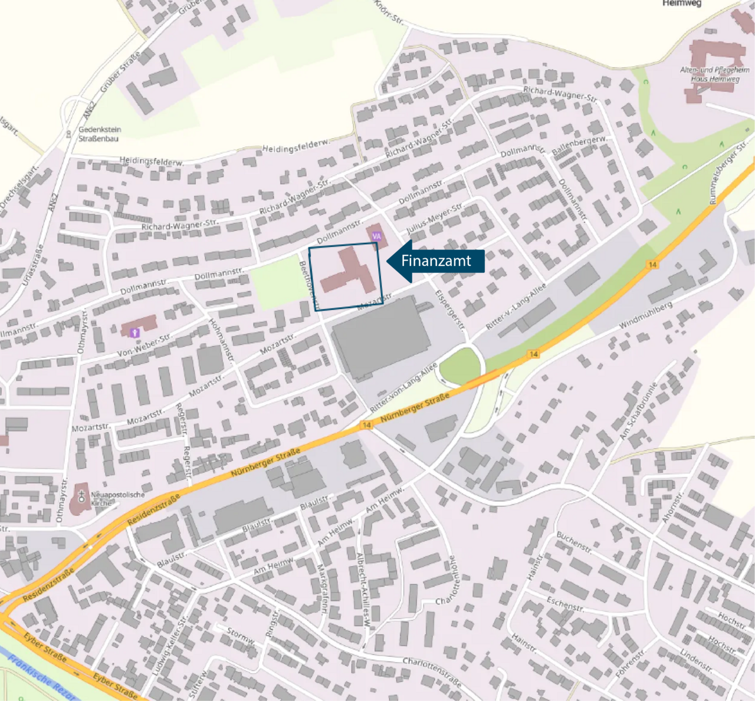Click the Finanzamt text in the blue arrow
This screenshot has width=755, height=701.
(436, 261)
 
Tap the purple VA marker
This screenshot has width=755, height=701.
(376, 236)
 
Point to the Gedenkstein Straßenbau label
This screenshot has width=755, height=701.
(99, 134)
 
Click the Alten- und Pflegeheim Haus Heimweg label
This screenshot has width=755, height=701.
(715, 74)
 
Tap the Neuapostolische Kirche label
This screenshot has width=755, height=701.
(117, 499)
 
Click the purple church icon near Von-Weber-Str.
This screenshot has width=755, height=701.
(135, 333)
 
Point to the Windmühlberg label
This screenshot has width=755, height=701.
(646, 316)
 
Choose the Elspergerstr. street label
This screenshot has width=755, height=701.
(450, 310)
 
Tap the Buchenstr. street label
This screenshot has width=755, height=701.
(574, 542)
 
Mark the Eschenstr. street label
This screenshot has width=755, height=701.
(564, 603)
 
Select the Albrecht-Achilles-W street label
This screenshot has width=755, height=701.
(363, 590)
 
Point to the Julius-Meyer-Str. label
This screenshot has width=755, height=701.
(434, 219)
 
